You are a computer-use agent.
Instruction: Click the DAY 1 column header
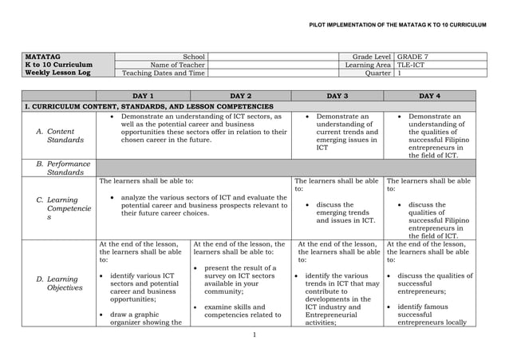[144, 96]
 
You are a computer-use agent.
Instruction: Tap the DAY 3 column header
[337, 96]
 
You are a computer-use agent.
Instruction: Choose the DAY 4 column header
[429, 96]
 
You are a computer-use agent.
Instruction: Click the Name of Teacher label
[172, 65]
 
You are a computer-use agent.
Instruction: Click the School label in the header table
[194, 57]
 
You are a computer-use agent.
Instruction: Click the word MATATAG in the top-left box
[43, 57]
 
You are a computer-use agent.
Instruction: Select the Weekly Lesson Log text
[58, 73]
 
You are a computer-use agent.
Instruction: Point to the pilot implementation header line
[397, 26]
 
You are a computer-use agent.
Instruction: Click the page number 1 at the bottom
[253, 334]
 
